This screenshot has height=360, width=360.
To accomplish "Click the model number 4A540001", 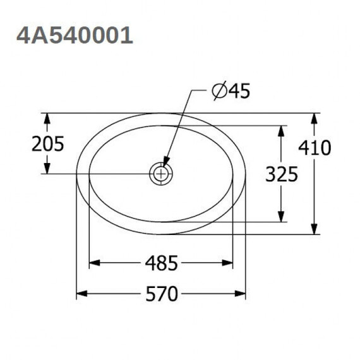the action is (75, 35).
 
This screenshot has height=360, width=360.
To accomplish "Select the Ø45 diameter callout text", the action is (231, 91).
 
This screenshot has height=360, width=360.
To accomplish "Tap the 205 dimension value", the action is (48, 144).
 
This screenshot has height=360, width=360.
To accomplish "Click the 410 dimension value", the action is (315, 147).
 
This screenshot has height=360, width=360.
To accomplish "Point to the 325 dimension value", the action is (282, 174).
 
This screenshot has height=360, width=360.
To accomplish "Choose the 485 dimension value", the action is (162, 263).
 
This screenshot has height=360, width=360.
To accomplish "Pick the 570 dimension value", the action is (162, 294).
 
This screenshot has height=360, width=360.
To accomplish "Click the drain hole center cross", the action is (161, 174).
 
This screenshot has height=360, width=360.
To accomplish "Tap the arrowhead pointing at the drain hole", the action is (166, 161).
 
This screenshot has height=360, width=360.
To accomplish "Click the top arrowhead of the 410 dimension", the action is (315, 119).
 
